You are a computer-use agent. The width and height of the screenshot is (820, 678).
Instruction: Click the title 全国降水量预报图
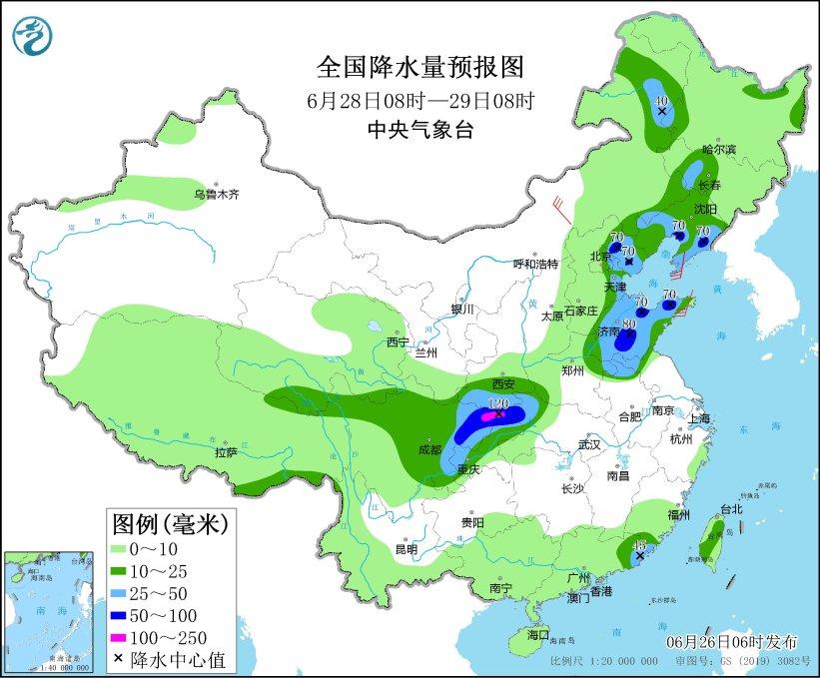pyautogui.click(x=419, y=67)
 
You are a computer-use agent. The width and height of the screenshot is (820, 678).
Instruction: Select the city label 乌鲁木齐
pyautogui.click(x=217, y=194)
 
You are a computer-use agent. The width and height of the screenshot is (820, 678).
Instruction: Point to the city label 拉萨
pyautogui.click(x=225, y=452)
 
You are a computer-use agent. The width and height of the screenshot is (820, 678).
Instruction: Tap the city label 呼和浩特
pyautogui.click(x=535, y=264)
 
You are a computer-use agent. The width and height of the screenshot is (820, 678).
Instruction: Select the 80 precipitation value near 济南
pyautogui.click(x=628, y=324)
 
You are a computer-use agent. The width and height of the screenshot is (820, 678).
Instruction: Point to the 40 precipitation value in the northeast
pyautogui.click(x=659, y=100)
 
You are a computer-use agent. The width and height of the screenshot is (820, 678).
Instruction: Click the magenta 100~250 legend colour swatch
pyautogui.click(x=125, y=636)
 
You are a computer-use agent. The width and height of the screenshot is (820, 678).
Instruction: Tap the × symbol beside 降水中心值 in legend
pyautogui.click(x=120, y=658)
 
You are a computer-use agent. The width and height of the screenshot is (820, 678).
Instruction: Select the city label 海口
pyautogui.click(x=538, y=635)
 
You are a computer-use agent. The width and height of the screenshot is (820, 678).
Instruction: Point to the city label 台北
pyautogui.click(x=730, y=508)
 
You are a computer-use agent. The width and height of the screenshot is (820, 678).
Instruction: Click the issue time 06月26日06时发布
pyautogui.click(x=732, y=639)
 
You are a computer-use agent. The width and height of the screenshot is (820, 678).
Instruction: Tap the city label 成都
pyautogui.click(x=429, y=449)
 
